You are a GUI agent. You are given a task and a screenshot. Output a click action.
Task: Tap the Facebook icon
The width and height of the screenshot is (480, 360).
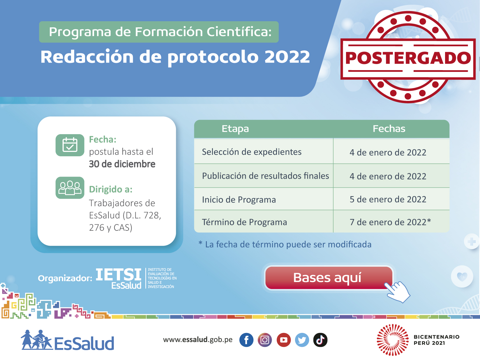click(246, 340)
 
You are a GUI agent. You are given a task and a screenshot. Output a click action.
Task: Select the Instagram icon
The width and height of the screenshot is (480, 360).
click(265, 340)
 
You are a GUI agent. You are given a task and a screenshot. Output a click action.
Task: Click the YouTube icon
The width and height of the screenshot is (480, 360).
click(284, 340)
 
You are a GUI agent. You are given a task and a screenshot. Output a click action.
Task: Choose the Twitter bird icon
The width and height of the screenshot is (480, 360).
click(302, 340)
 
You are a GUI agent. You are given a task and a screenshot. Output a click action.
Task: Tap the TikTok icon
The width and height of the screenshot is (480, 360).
click(320, 340)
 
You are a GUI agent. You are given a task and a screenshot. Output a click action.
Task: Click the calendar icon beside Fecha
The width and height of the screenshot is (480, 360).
click(70, 145)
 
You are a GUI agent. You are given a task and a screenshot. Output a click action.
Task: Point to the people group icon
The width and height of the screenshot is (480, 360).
click(70, 188)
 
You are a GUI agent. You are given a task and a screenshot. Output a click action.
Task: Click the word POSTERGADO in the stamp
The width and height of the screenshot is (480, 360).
click(408, 58)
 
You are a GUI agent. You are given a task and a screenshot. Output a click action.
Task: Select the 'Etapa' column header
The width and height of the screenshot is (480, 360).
click(235, 129)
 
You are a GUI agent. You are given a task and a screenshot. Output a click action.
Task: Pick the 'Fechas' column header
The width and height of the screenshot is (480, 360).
click(389, 129)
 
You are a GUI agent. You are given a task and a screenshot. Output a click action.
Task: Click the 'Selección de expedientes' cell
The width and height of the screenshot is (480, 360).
click(252, 152)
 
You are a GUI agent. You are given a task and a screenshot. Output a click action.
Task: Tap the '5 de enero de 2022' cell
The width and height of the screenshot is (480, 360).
click(388, 199)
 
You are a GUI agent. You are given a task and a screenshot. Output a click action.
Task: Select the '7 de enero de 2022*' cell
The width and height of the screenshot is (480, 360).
click(390, 222)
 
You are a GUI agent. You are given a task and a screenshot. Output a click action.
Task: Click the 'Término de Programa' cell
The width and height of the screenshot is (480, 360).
click(244, 222)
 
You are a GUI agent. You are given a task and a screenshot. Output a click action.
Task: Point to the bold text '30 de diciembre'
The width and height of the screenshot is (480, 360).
click(122, 164)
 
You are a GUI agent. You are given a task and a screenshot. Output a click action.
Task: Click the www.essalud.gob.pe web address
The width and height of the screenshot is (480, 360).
click(198, 340)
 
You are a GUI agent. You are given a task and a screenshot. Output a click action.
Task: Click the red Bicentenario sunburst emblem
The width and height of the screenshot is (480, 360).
click(393, 340)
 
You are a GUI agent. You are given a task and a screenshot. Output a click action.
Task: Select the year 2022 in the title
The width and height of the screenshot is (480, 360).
click(287, 57)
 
